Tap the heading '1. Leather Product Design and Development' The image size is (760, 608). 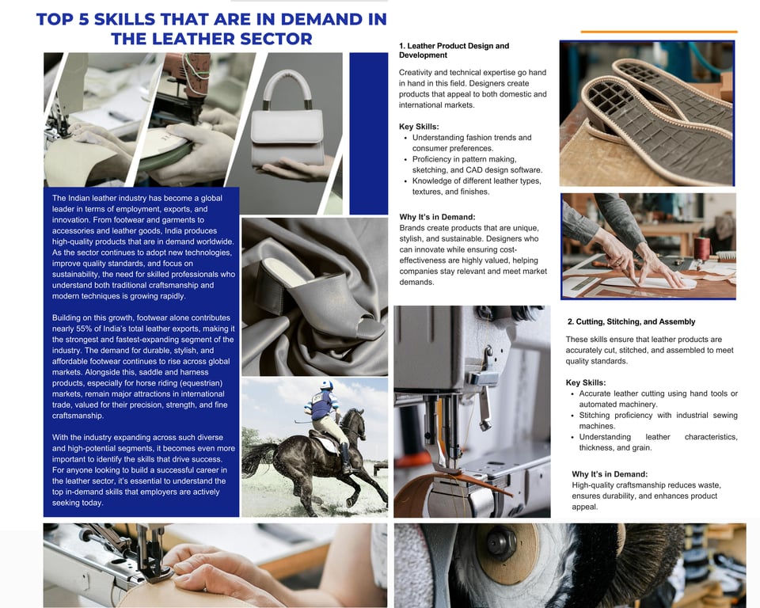pos(454,51)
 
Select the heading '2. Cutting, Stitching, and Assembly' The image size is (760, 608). pos(631,322)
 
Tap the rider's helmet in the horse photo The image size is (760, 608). pos(327,385)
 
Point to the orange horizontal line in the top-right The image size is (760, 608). pos(659,32)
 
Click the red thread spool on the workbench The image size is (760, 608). pos(701,249)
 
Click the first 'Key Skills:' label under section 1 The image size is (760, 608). pos(419,127)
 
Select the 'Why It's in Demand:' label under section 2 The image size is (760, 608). pos(610,474)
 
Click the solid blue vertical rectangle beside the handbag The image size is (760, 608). pos(369,133)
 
